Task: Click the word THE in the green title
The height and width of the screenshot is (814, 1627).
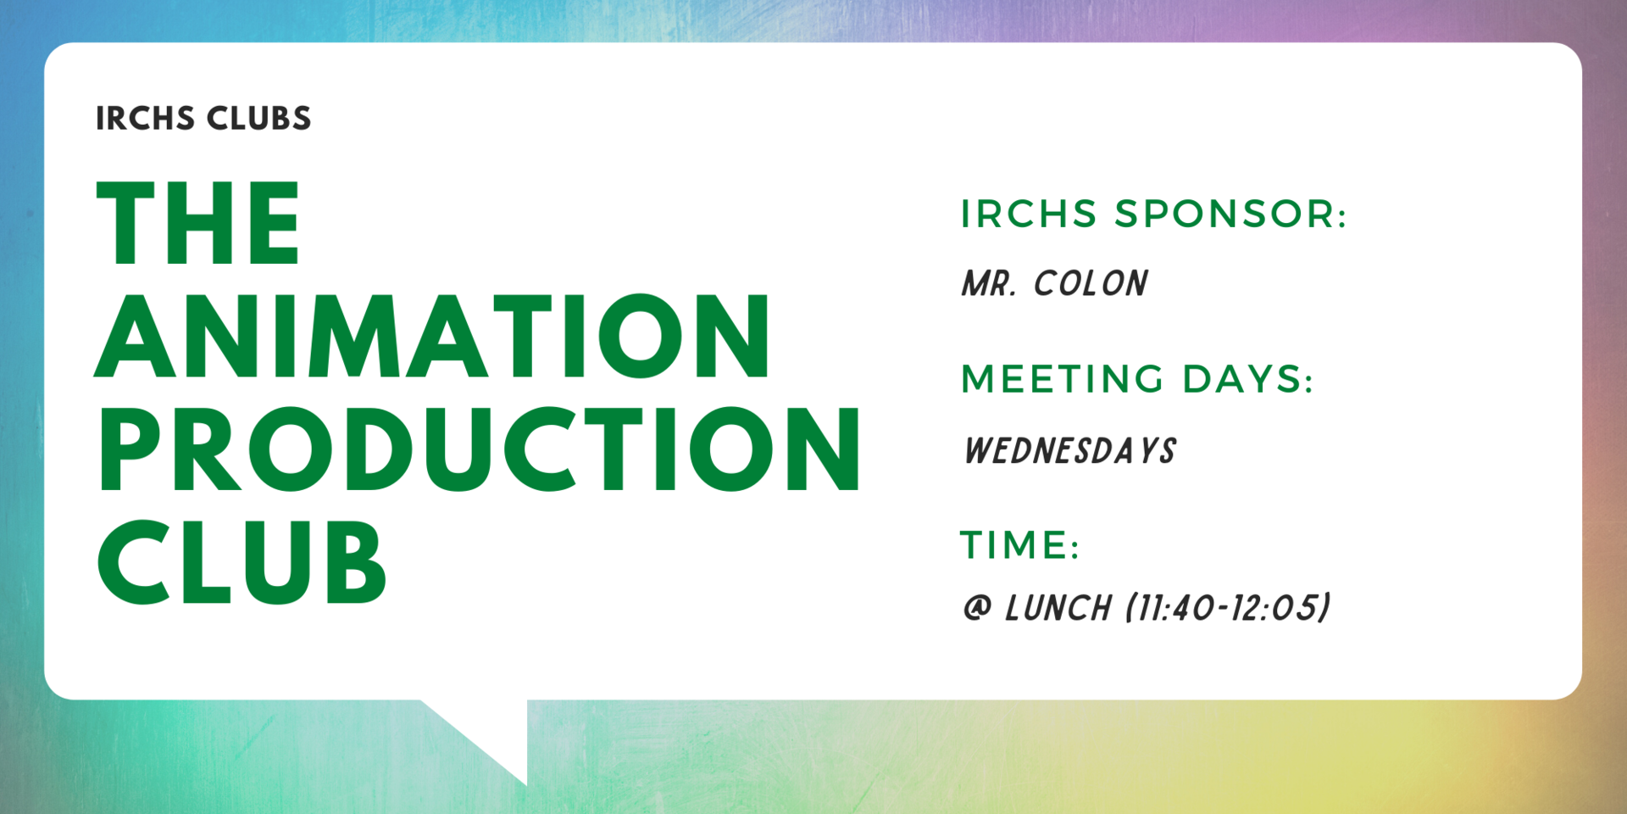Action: coord(198,223)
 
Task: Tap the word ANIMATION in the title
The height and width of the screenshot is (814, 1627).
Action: coord(433,336)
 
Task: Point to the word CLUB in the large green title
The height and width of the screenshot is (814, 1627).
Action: coord(242,562)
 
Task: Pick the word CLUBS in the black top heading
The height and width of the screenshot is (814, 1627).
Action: coord(258,119)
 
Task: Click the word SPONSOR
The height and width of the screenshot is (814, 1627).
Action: coord(1230,214)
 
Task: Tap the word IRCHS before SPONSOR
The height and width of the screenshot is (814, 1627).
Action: coord(1029,214)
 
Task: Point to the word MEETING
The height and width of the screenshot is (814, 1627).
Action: coord(1063,379)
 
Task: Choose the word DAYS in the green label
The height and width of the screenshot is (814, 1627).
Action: coord(1247,379)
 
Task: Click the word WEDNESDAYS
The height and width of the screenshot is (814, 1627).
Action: coord(1070,451)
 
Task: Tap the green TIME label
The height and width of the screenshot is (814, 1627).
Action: coord(1019,544)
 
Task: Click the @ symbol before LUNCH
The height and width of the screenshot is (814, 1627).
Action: coord(977,608)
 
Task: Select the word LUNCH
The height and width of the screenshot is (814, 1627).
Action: coord(1058,608)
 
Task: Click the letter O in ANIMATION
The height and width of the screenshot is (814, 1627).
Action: coord(641,336)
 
